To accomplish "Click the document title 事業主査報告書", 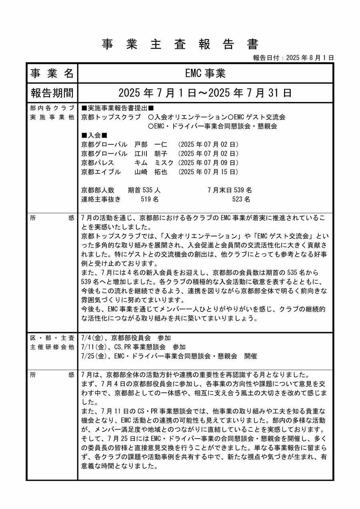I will (180, 44).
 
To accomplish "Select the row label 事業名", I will (52, 73).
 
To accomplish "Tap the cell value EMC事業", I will (205, 73).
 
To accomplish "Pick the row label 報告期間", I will (52, 93).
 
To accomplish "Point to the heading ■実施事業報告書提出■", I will (118, 108).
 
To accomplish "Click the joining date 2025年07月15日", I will (208, 172).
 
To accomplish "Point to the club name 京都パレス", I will (98, 163).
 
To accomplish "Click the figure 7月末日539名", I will (230, 190).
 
